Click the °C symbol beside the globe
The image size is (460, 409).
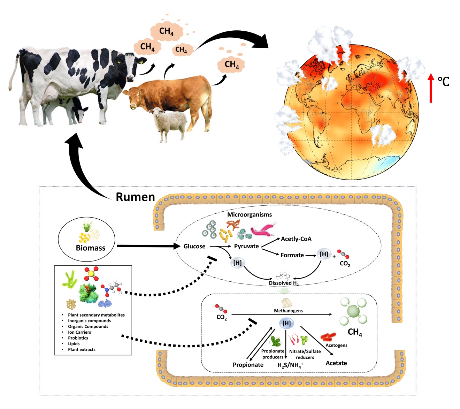coord(443,82)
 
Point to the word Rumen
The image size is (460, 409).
coord(135,197)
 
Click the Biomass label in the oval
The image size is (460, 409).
coord(91,248)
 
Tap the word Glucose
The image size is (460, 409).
coord(194,247)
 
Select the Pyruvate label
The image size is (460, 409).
coord(246,246)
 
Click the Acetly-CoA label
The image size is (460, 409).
coord(296,239)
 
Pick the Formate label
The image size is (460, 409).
coord(292,255)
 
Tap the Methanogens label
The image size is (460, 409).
coord(288,311)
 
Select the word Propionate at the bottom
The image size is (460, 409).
coord(248,365)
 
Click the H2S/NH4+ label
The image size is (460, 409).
coord(290,365)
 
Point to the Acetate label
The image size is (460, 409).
coord(336,363)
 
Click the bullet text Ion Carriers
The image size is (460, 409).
coord(79,332)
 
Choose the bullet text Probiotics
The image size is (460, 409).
coord(78,338)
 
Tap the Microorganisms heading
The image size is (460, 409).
coord(250,214)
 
